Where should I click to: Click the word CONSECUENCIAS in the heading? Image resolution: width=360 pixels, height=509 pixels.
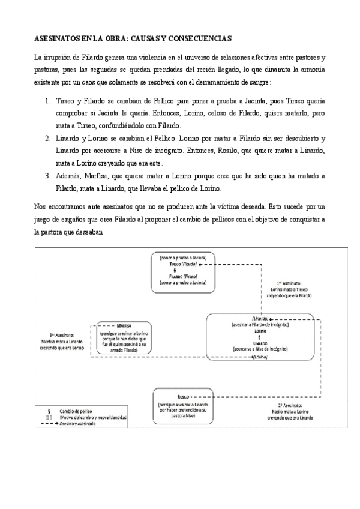pyautogui.click(x=199, y=37)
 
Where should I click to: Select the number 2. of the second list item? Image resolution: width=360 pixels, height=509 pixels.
pyautogui.click(x=49, y=139)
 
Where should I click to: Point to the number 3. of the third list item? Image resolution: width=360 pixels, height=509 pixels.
pyautogui.click(x=49, y=176)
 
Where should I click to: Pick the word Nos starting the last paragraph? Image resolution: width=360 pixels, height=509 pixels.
pyautogui.click(x=40, y=206)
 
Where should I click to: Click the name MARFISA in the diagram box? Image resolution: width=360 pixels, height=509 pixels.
pyautogui.click(x=125, y=324)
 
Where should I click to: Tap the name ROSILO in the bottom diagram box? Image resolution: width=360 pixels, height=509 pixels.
pyautogui.click(x=184, y=398)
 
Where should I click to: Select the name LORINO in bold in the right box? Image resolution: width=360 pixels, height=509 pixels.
pyautogui.click(x=260, y=331)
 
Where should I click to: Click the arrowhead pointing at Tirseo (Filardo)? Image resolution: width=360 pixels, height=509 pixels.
pyautogui.click(x=201, y=265)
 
